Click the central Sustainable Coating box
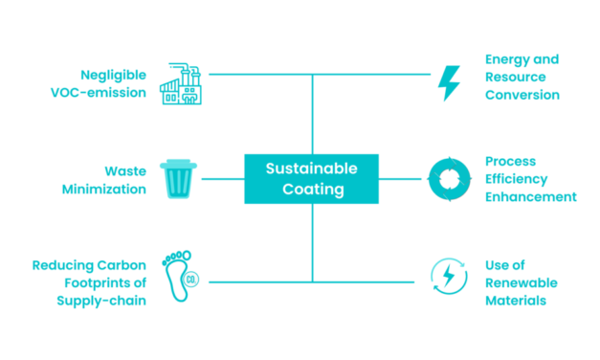312,179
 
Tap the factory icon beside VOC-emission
184,84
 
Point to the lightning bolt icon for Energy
447,83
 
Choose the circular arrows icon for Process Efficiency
447,179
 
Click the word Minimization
103,189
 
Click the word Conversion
522,95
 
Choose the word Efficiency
517,179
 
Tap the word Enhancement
530,196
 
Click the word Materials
515,300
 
